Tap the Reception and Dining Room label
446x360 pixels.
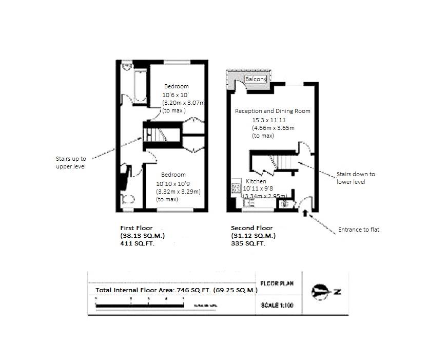point(273,111)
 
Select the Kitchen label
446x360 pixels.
point(256,182)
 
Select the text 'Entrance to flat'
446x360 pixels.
point(358,230)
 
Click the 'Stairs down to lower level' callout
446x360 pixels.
point(355,178)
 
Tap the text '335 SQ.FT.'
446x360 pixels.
point(248,244)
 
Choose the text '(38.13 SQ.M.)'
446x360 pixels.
point(142,236)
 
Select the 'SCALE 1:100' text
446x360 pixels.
point(277,305)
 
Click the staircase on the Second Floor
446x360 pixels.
point(281,162)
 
